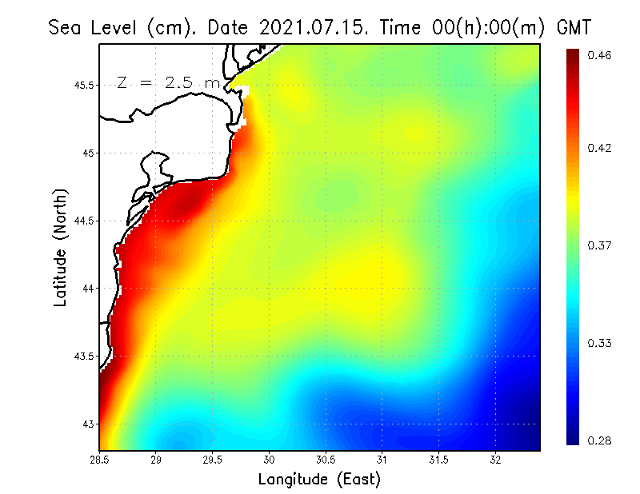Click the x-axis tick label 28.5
tap(99, 459)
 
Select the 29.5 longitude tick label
tap(212, 459)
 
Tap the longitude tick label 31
tap(382, 459)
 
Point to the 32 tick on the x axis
tap(495, 459)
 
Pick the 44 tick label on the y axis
tap(86, 289)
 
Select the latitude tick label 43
tap(86, 424)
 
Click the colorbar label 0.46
tap(599, 55)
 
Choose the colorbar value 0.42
tap(599, 148)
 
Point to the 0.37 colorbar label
tap(599, 245)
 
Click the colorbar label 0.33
tap(599, 343)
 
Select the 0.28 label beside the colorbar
tap(599, 440)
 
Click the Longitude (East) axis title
tap(318, 479)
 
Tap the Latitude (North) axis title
tap(60, 246)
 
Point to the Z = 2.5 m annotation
tap(169, 82)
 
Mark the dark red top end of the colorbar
tap(573, 54)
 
